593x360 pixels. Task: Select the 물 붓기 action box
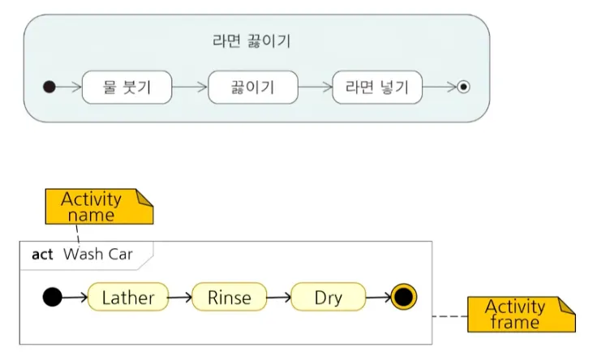pyautogui.click(x=127, y=88)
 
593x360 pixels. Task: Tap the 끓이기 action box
pyautogui.click(x=253, y=88)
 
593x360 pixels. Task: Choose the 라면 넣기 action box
pyautogui.click(x=377, y=88)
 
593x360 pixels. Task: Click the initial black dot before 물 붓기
pyautogui.click(x=49, y=88)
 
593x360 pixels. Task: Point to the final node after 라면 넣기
pyautogui.click(x=463, y=88)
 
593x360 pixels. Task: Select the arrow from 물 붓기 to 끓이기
pyautogui.click(x=190, y=88)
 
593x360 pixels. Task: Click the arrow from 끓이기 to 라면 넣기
pyautogui.click(x=315, y=88)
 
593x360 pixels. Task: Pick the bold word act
pyautogui.click(x=42, y=255)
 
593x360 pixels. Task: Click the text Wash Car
pyautogui.click(x=98, y=255)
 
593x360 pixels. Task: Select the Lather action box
pyautogui.click(x=127, y=298)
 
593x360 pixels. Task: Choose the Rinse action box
pyautogui.click(x=229, y=298)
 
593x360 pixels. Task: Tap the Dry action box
pyautogui.click(x=329, y=298)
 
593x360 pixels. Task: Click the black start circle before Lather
pyautogui.click(x=52, y=298)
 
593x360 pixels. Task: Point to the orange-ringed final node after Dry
pyautogui.click(x=403, y=298)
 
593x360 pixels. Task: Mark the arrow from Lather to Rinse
pyautogui.click(x=179, y=298)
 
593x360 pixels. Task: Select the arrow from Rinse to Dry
pyautogui.click(x=278, y=298)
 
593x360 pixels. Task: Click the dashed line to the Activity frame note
pyautogui.click(x=450, y=315)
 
